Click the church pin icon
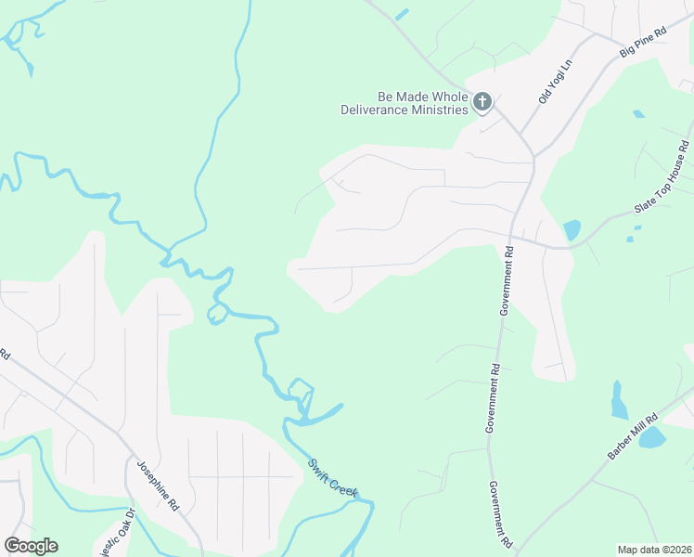tap(482, 101)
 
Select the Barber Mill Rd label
tap(633, 435)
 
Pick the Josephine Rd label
tap(158, 486)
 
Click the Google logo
tap(31, 546)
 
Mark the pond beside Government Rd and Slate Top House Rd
tap(572, 229)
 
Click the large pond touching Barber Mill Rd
tap(652, 437)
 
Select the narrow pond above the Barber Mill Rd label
tap(619, 400)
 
